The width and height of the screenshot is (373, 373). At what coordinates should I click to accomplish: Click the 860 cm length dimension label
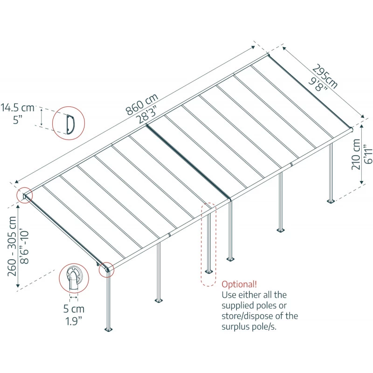pos(142,104)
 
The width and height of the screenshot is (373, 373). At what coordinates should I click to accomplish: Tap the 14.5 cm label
pos(17,108)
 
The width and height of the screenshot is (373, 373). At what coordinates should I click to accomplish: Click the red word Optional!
pos(239,284)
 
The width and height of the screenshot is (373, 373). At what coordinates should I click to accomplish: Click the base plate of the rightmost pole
pos(331,201)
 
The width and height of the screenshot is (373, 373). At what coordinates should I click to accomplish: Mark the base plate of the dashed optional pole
pos(208,270)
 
